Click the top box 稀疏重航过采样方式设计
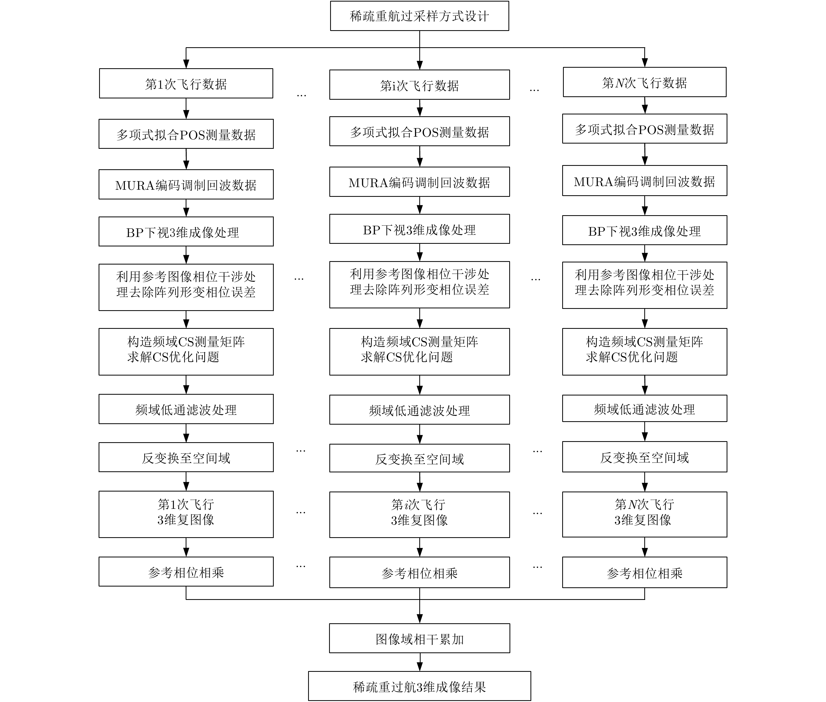point(419,16)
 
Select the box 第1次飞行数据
point(186,83)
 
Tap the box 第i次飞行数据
point(419,85)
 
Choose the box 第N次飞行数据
point(644,82)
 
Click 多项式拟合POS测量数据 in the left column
point(186,134)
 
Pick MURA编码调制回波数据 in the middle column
point(419,182)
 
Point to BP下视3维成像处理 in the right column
point(644,230)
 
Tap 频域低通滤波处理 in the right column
point(644,409)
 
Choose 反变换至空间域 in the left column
point(186,457)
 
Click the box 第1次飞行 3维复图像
point(186,514)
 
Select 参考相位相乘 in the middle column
point(419,572)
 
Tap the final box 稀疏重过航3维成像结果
point(419,686)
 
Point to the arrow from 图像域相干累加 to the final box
point(420,662)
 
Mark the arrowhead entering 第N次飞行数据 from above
point(645,63)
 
